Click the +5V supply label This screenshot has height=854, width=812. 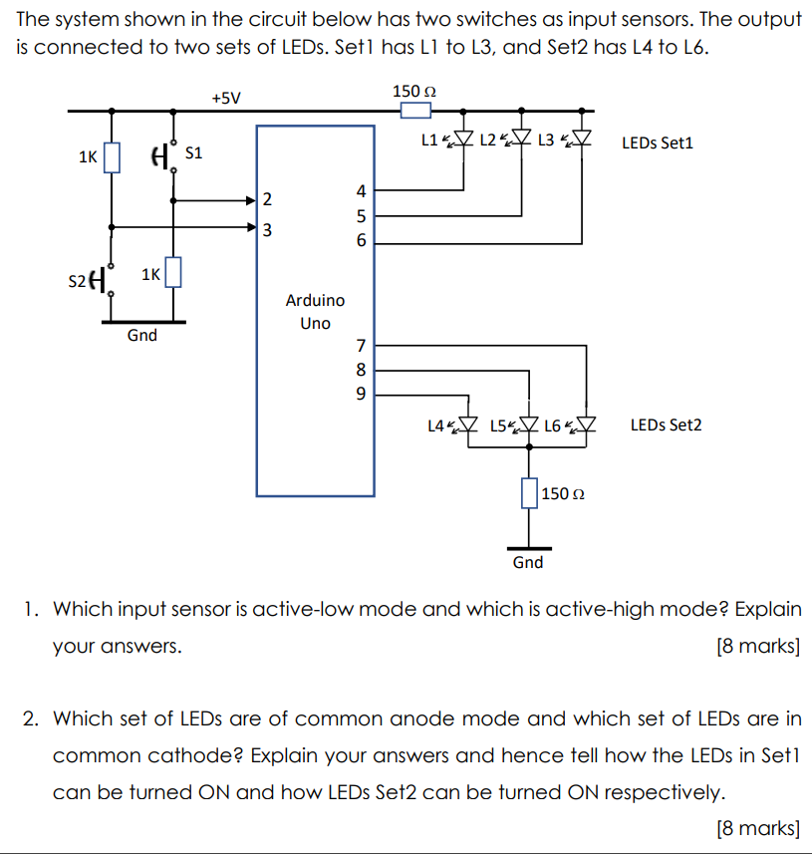coord(226,98)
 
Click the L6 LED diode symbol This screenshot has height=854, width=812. coord(586,426)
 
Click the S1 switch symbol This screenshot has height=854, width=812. coord(162,155)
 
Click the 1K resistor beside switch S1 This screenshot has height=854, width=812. coord(112,156)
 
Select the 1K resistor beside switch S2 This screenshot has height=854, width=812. coord(173,272)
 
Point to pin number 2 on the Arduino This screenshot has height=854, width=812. coord(266,199)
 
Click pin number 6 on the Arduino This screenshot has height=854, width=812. coord(362,241)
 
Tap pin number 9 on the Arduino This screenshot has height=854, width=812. coord(362,394)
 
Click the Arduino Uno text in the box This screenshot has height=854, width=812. coord(315,311)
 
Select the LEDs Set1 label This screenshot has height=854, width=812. coord(657,142)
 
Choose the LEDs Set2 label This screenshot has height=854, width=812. coord(666,426)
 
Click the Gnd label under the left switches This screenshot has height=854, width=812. coord(142,336)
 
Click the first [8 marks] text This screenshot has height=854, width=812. coord(757,646)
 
